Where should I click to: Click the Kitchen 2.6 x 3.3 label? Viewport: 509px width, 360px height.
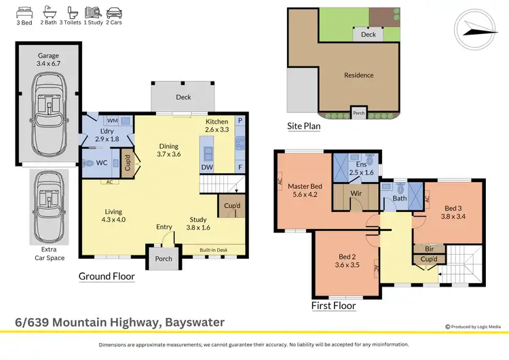218,125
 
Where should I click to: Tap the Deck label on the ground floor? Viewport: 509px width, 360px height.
183,97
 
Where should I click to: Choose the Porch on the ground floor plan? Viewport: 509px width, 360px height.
164,258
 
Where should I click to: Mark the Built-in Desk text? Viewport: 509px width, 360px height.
213,251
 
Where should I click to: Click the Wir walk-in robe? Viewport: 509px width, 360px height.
356,194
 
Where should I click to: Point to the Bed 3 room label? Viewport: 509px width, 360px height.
453,213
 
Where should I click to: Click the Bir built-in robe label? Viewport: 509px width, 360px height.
429,249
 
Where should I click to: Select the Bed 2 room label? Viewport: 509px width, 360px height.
347,261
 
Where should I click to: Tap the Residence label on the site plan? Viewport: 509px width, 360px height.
359,75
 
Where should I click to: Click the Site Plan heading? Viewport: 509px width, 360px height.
303,126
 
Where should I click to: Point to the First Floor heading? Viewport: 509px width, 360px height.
333,306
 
